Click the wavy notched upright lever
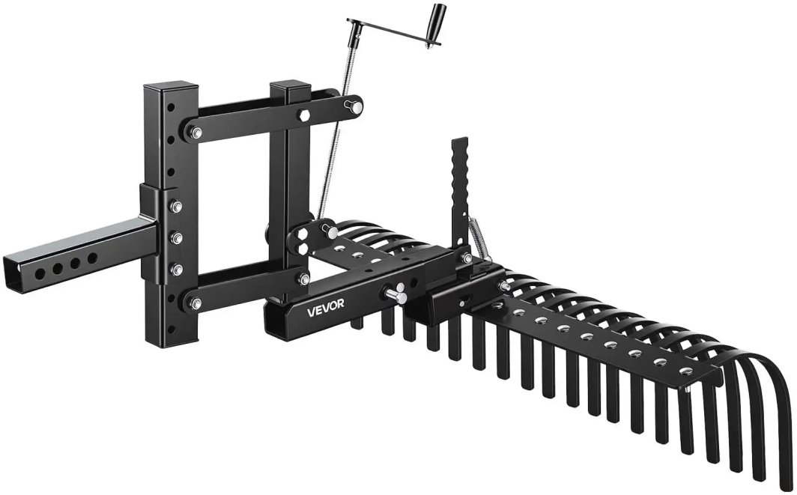(x=460, y=194)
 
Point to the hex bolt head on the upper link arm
(x=304, y=115)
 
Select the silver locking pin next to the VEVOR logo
(x=395, y=294)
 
